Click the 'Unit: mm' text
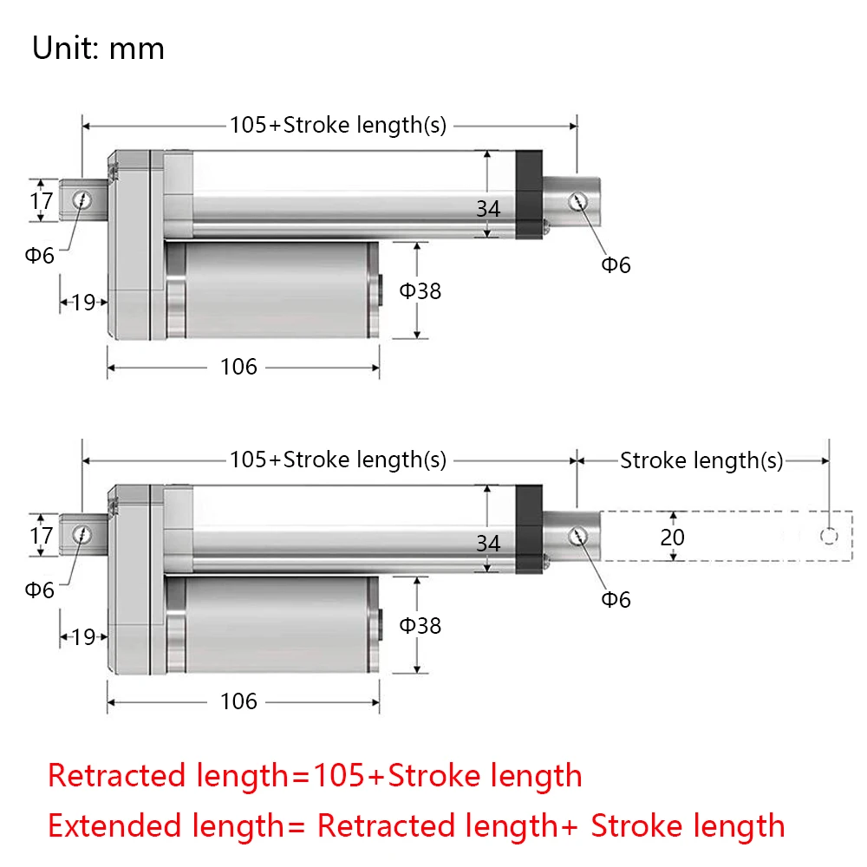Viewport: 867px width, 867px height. coord(98,48)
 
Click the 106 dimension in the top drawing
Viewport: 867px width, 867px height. coord(238,367)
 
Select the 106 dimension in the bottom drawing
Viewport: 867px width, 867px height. coord(238,701)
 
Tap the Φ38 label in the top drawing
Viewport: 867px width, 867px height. coord(420,290)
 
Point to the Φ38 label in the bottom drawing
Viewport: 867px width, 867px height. coord(420,624)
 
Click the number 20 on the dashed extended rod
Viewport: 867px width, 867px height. coord(672,538)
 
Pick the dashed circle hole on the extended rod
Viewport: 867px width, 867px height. coord(829,537)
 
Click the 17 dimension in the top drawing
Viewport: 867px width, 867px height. coord(41,201)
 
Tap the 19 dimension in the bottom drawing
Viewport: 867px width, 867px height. coord(83,637)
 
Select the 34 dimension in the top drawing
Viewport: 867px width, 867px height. coord(488,209)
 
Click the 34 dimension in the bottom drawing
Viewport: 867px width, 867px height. coord(488,543)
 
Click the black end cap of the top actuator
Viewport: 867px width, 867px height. coord(529,194)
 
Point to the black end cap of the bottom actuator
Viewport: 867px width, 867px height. coord(529,529)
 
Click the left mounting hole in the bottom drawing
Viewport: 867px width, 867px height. coord(83,534)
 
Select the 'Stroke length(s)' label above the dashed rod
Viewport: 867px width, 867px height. coord(701,460)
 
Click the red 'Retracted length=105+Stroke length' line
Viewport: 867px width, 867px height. coord(315,774)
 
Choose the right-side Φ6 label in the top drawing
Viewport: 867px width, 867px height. coord(616,265)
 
